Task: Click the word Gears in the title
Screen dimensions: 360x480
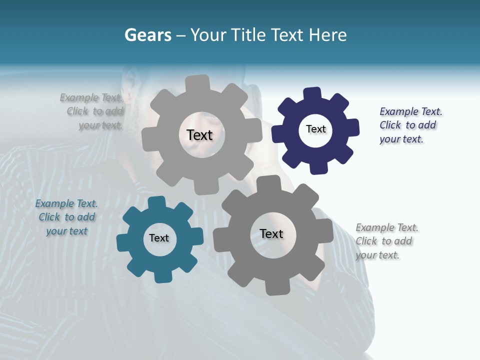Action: click(x=147, y=35)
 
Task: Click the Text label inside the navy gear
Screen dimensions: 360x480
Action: click(x=315, y=129)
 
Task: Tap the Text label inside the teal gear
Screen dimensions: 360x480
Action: click(x=159, y=238)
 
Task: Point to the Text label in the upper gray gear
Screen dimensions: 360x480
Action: click(x=199, y=135)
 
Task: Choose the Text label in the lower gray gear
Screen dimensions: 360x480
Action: click(x=271, y=233)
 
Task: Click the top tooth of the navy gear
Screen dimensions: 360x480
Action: click(x=312, y=94)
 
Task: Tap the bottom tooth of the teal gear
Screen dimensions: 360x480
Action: click(x=162, y=275)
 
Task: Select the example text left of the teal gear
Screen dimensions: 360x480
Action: click(x=66, y=217)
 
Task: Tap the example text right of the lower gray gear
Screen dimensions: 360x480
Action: click(x=386, y=241)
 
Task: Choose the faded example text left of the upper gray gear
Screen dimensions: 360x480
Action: click(x=92, y=111)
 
